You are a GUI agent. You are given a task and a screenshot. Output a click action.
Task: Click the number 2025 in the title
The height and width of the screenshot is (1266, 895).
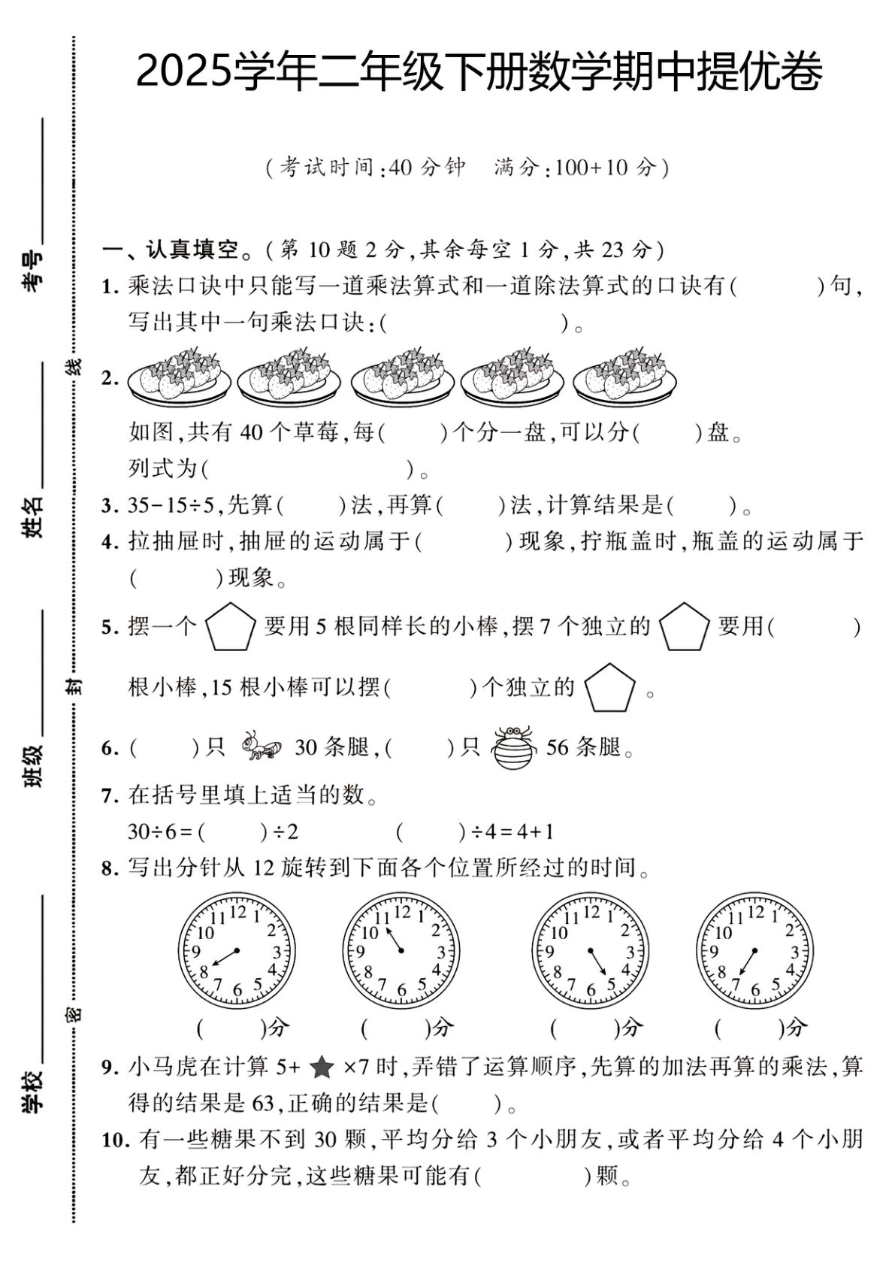coord(183,73)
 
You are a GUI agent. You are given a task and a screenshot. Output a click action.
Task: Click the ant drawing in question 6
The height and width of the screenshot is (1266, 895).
coord(261,747)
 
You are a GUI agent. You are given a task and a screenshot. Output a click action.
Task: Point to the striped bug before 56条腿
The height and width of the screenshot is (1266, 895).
coord(514,747)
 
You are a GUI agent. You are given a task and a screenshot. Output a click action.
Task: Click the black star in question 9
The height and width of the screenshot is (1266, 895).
coord(322,1067)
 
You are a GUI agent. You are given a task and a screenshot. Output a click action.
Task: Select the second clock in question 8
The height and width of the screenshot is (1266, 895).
coord(401,952)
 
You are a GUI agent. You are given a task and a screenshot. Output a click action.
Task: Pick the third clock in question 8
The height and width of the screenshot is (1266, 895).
coord(590,952)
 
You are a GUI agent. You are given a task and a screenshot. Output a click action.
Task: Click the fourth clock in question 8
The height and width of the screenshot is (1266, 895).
coord(754,952)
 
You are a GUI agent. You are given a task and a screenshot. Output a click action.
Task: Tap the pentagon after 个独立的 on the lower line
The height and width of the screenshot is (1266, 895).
coord(609,687)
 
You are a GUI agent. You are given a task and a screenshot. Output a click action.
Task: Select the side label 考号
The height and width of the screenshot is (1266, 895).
coord(33,271)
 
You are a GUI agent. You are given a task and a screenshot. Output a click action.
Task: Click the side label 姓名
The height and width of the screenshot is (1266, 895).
coord(33,517)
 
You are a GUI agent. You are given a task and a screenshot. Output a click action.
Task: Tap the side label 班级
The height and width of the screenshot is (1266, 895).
coord(33,765)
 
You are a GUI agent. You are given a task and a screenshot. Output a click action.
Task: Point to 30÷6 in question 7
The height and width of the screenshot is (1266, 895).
coord(151,832)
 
